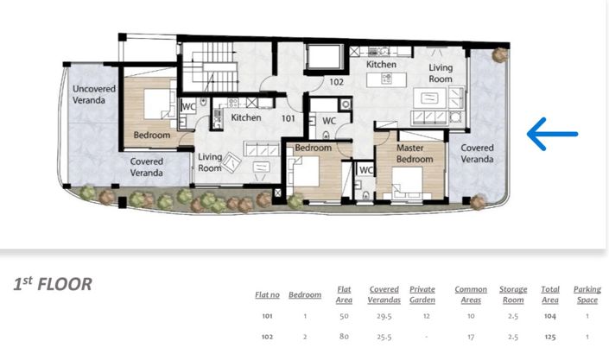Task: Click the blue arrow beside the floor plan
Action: coord(552,134)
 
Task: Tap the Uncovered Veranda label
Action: coord(94,94)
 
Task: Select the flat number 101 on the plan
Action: coord(289,118)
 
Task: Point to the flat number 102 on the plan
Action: coord(336,82)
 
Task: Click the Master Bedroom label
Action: coord(415,154)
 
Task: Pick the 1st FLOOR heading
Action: coord(53,284)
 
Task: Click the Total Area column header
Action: coord(550,294)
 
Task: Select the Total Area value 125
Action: coord(550,337)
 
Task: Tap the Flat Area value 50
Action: coord(344,316)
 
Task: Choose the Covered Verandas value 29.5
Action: coord(384,316)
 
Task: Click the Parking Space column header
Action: coord(587,294)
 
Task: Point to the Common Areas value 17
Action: coord(471,337)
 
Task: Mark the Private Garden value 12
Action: coord(427,316)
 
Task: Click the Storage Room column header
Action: coord(513,294)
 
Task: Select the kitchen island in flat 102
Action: coord(386,79)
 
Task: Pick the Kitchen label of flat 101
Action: coord(246,117)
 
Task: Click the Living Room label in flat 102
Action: coord(441,73)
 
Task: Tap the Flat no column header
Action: coord(267,295)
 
